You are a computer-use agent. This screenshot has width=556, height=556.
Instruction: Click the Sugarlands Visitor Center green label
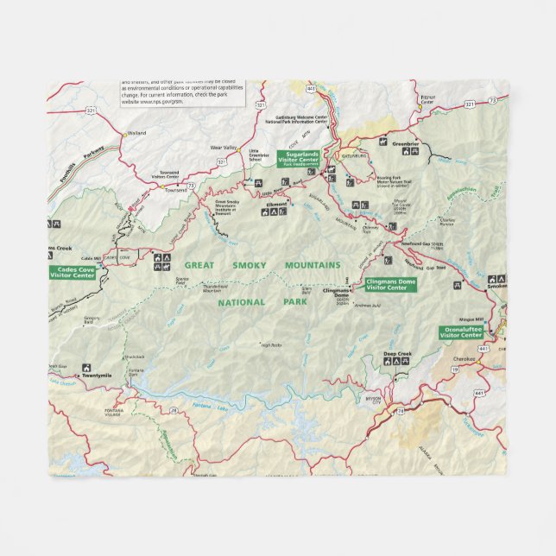click(x=299, y=158)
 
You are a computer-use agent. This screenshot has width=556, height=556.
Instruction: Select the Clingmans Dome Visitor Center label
click(x=390, y=284)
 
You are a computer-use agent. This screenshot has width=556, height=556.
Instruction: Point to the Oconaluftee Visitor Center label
click(x=461, y=332)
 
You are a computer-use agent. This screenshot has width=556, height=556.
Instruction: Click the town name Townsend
click(x=175, y=189)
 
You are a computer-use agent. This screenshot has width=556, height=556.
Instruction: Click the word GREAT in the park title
click(x=201, y=266)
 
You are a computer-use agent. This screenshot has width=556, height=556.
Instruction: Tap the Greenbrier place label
click(x=405, y=143)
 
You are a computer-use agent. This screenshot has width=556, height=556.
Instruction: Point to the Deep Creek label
click(x=397, y=354)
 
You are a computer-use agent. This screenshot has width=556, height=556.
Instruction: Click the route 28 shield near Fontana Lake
click(x=174, y=409)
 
